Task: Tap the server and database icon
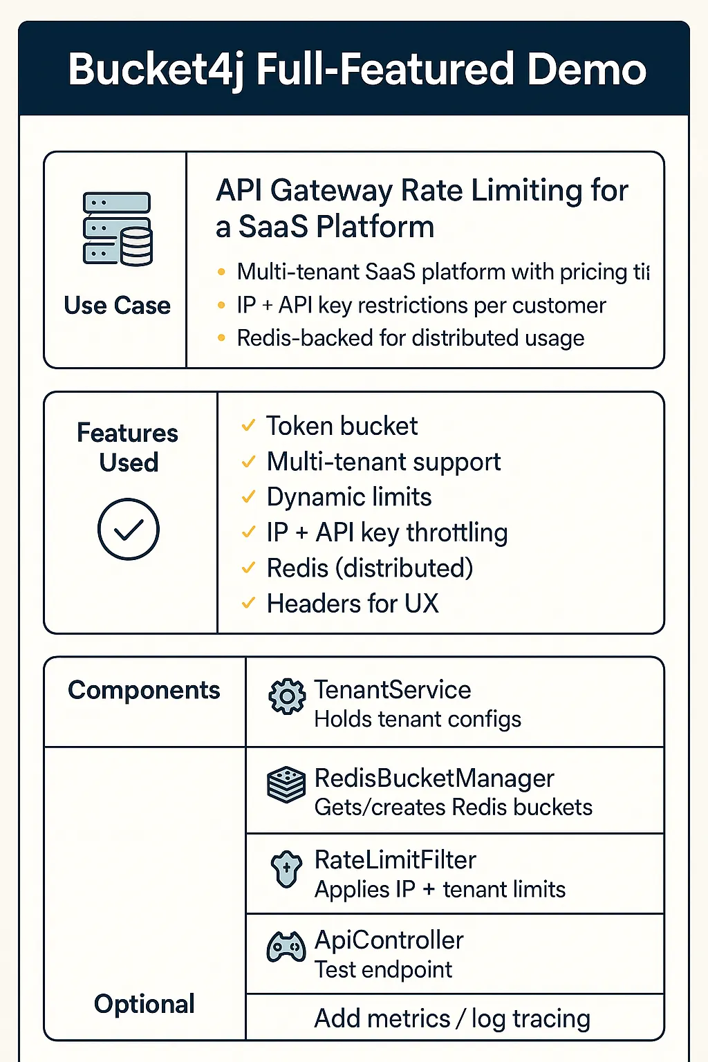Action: (x=118, y=229)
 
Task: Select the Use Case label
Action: (x=117, y=305)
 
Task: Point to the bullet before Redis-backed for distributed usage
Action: (x=221, y=338)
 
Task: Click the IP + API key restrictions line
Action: (x=421, y=305)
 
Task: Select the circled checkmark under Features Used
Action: (x=129, y=529)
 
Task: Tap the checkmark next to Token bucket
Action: (x=248, y=426)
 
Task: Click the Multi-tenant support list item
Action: (x=384, y=461)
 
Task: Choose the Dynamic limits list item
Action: (x=349, y=497)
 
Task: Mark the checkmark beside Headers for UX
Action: (x=248, y=604)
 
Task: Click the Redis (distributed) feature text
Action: (x=370, y=568)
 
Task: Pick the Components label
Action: (x=144, y=690)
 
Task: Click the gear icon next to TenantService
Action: (x=287, y=696)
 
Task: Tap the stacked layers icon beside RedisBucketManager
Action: (x=286, y=785)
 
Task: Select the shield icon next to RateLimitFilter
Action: (x=286, y=869)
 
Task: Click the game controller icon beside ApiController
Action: (x=286, y=947)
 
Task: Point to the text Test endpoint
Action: (x=383, y=969)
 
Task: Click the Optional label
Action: (x=144, y=1004)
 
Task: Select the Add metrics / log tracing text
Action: (x=452, y=1018)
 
